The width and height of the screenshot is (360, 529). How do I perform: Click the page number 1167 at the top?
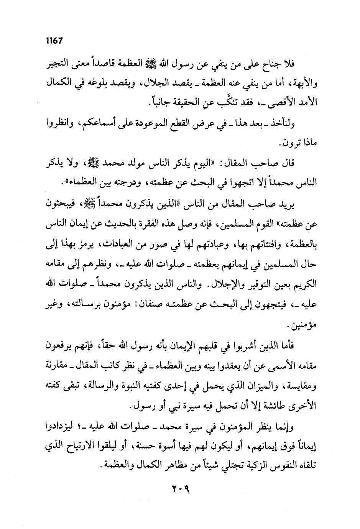(x=54, y=41)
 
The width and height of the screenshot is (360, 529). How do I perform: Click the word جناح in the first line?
(x=275, y=63)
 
